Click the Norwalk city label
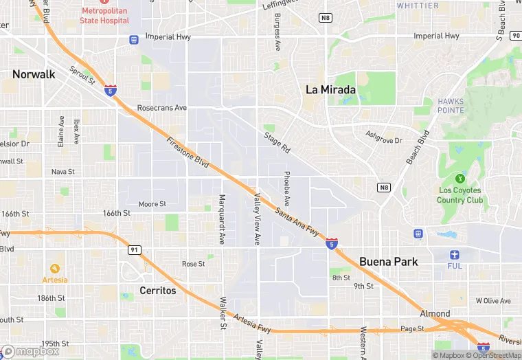[34, 74]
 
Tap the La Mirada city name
[330, 89]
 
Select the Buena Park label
[388, 262]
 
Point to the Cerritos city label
[157, 290]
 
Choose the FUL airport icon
[455, 254]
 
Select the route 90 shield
[516, 35]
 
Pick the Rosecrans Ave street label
[162, 108]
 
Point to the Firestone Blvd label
[188, 151]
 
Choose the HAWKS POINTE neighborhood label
[451, 106]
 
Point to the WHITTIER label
[417, 5]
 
